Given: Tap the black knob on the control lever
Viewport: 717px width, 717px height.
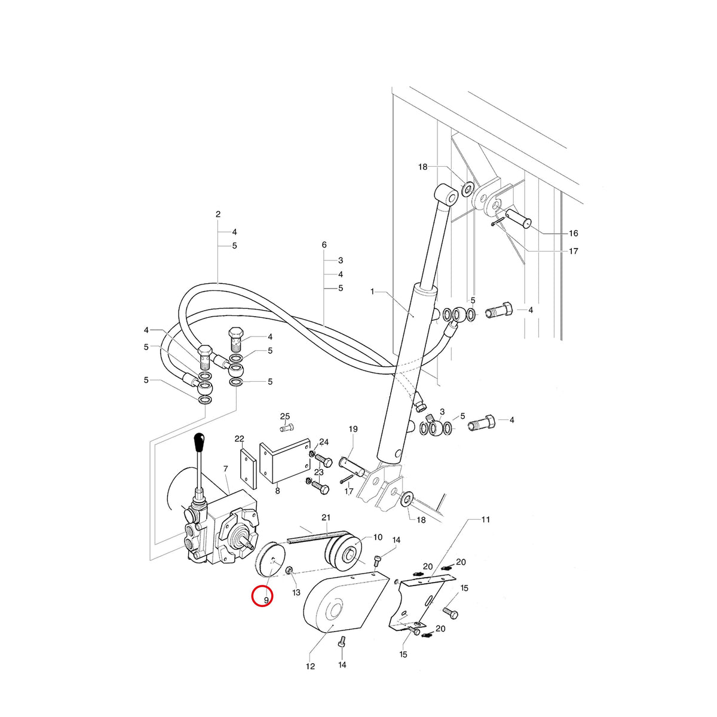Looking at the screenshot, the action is [200, 442].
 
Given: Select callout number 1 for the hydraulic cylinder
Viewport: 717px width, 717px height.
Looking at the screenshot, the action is [372, 292].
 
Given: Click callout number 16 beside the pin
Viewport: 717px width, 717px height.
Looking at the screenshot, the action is [574, 233].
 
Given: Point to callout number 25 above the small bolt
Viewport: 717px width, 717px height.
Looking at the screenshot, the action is [285, 416].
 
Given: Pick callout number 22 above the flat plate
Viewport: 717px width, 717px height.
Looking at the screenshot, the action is [239, 439].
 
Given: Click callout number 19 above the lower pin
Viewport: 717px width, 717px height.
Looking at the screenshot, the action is [353, 429].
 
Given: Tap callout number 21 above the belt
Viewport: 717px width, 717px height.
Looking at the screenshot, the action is [326, 517].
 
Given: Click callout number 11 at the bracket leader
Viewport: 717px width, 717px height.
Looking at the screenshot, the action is [486, 519].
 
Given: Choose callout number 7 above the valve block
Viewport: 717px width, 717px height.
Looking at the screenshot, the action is [225, 469].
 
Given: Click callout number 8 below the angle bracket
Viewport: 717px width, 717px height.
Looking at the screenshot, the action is [277, 491].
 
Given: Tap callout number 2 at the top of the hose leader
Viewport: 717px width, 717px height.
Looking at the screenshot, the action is [218, 215].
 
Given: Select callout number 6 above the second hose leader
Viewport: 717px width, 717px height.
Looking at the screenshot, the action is [324, 245].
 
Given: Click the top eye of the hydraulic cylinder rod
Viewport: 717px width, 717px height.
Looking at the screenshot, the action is [446, 194].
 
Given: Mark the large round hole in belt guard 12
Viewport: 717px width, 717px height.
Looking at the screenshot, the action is [334, 612].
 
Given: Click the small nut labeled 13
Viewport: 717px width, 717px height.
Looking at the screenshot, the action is [289, 581].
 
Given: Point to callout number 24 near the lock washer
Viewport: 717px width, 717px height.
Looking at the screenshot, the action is [324, 442].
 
